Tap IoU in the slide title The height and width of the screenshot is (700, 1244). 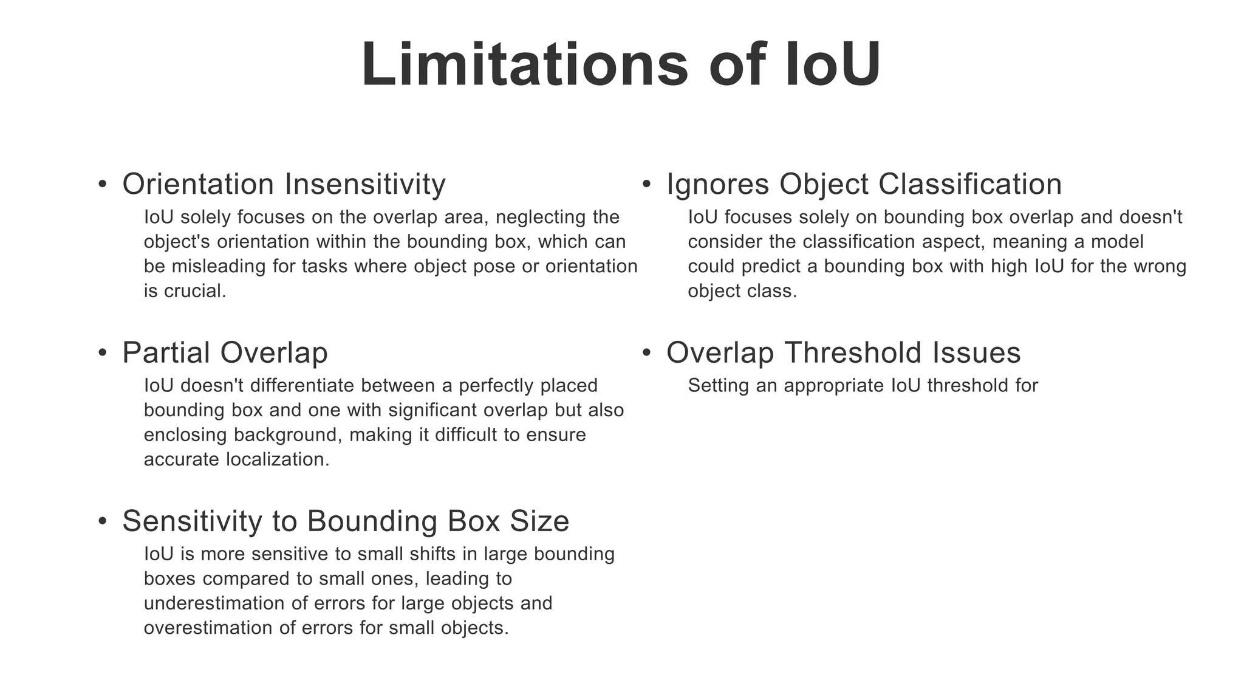[x=832, y=65]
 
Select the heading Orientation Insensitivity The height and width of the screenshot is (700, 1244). [x=284, y=184]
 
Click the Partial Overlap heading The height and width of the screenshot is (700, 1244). [x=225, y=352]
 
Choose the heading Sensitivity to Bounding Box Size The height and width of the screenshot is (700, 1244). [x=346, y=521]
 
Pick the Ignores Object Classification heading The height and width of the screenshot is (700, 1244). [x=864, y=184]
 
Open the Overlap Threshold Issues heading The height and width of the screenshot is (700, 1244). [x=843, y=352]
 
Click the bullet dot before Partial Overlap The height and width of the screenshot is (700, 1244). [x=102, y=353]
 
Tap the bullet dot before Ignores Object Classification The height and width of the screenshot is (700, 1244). [x=646, y=185]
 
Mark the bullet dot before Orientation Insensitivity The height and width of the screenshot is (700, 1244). [x=102, y=185]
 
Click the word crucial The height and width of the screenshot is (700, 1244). [x=195, y=291]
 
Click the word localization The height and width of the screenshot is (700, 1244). [x=278, y=459]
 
